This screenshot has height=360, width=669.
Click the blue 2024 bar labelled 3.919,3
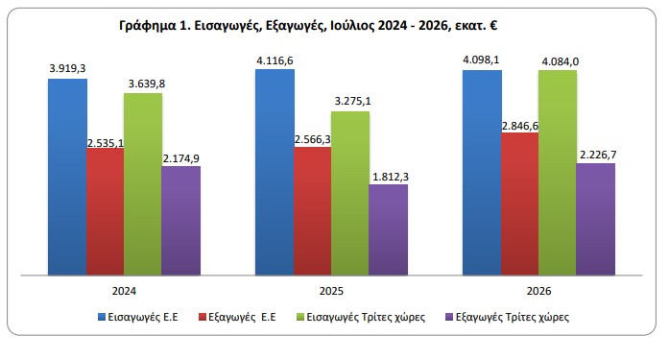[x=67, y=177]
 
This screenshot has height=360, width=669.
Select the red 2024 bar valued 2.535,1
[x=106, y=211]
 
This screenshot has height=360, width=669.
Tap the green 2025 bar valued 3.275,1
[x=350, y=193]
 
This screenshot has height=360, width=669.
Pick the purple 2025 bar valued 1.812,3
[x=389, y=229]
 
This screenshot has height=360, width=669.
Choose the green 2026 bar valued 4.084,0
[x=558, y=173]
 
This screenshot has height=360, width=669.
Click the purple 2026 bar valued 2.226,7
[x=596, y=219]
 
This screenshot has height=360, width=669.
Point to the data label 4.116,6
[x=275, y=61]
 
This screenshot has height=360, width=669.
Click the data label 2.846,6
[x=520, y=127]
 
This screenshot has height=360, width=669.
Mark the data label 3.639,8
[x=147, y=84]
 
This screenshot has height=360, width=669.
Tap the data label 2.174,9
[x=181, y=158]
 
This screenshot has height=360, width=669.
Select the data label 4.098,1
[x=481, y=60]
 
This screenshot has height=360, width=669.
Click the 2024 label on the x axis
[x=124, y=291]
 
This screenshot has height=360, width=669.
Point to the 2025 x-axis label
[x=331, y=291]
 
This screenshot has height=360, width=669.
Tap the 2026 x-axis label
[x=538, y=291]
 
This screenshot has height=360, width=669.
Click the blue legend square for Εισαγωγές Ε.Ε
[x=102, y=317]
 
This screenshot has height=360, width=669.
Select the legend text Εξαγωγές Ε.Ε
[x=242, y=318]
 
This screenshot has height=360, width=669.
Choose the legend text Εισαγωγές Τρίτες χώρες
[x=366, y=318]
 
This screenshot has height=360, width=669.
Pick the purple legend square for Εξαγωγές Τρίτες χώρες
[x=449, y=317]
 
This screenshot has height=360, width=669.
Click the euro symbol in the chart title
[x=493, y=26]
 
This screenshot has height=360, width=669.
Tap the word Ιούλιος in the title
[x=350, y=26]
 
